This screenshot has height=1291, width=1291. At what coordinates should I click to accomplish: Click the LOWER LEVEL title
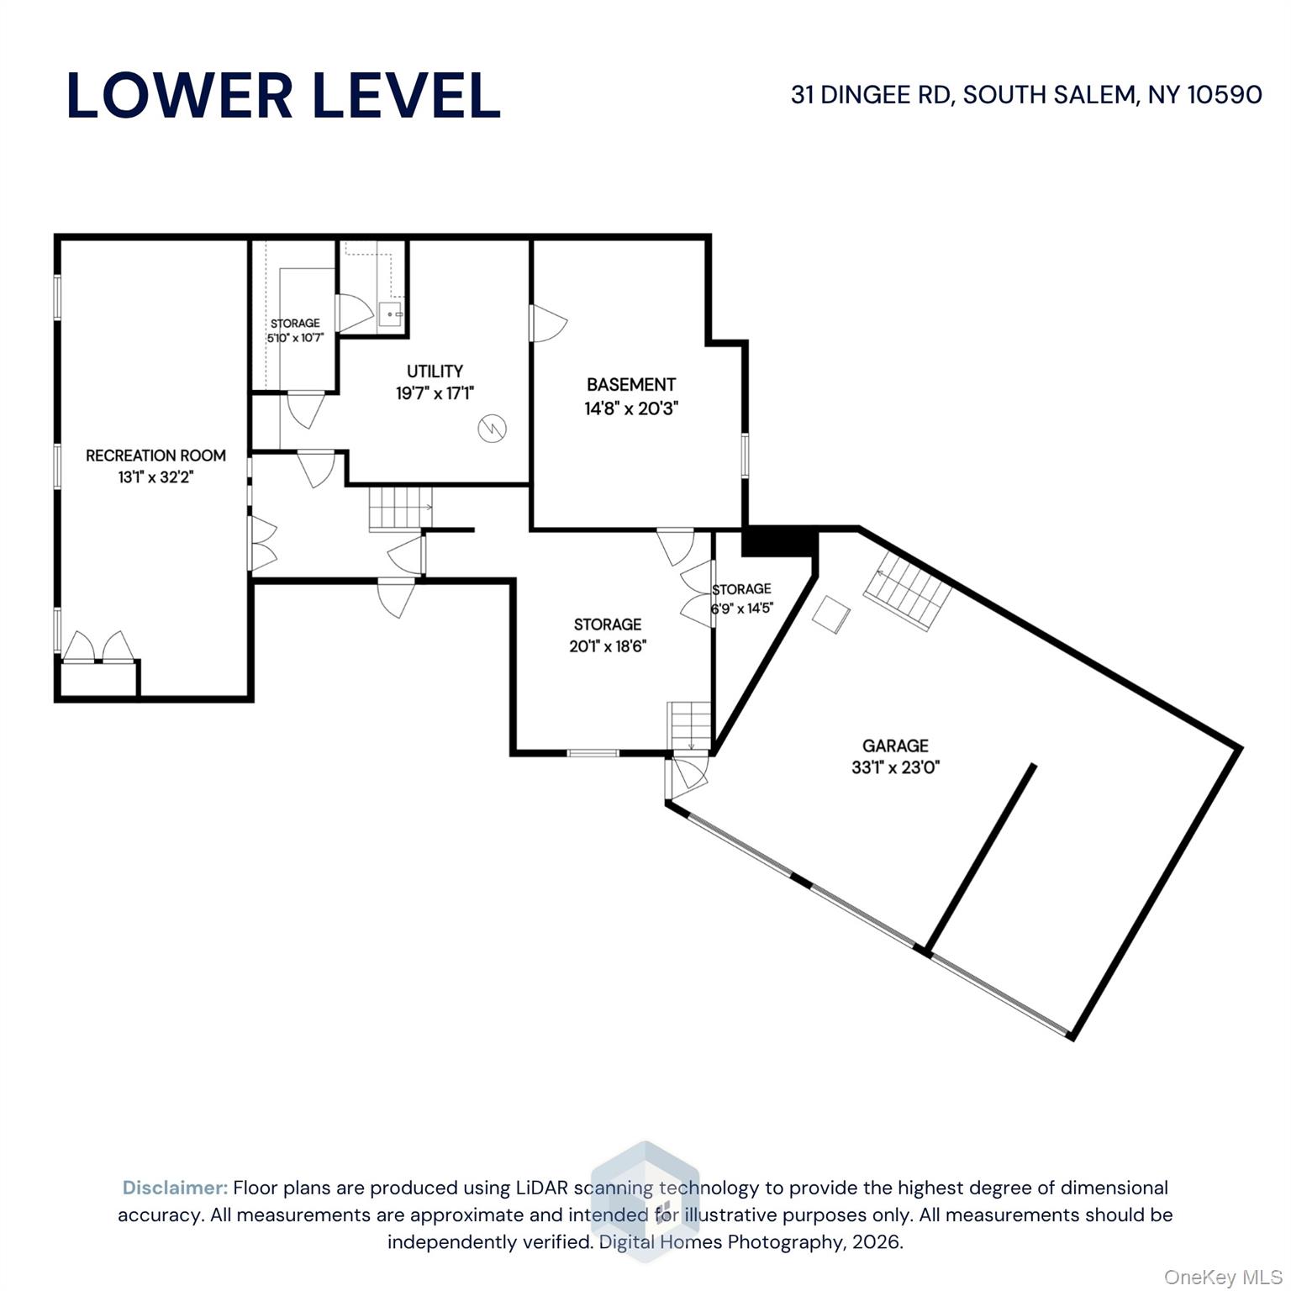click(283, 95)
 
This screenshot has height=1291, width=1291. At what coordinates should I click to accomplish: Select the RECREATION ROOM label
click(155, 456)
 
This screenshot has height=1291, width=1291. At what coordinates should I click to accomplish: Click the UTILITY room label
click(435, 371)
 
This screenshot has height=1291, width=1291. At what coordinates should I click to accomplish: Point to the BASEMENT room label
click(631, 385)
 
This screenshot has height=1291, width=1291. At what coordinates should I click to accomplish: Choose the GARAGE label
click(895, 746)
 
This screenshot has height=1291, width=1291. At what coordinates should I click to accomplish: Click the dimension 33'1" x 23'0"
click(895, 767)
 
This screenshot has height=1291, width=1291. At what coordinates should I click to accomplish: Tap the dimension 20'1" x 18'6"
click(608, 646)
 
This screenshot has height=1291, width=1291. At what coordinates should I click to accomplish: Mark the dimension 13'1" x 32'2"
click(156, 477)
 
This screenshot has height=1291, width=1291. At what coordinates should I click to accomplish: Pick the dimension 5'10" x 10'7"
click(295, 339)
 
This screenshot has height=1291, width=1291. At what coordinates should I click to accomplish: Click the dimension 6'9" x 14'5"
click(741, 608)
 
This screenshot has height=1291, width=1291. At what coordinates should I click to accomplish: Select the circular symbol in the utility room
click(493, 429)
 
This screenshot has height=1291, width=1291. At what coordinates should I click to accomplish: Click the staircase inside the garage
click(908, 594)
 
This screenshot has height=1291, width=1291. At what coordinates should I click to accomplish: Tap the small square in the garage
click(830, 614)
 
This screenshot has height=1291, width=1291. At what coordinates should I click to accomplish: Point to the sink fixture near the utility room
click(390, 314)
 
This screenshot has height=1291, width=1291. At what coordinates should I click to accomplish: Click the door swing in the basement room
click(549, 323)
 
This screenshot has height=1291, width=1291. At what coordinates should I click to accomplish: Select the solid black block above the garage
click(778, 542)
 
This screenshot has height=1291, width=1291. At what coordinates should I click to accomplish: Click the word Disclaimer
click(175, 1188)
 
